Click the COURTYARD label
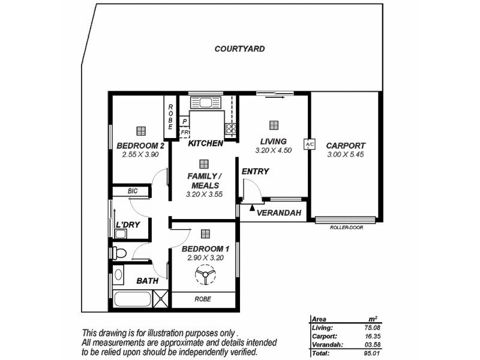(x=239, y=49)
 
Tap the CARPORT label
(x=345, y=146)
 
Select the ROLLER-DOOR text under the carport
(x=347, y=227)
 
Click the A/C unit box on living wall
(x=310, y=145)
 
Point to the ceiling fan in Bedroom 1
(x=206, y=277)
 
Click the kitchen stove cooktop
(x=230, y=129)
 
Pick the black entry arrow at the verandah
(x=252, y=208)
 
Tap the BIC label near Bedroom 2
(x=133, y=191)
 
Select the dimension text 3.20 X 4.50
(x=273, y=151)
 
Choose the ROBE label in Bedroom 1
(x=203, y=298)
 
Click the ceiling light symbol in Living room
(x=274, y=125)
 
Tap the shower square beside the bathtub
(x=161, y=299)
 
